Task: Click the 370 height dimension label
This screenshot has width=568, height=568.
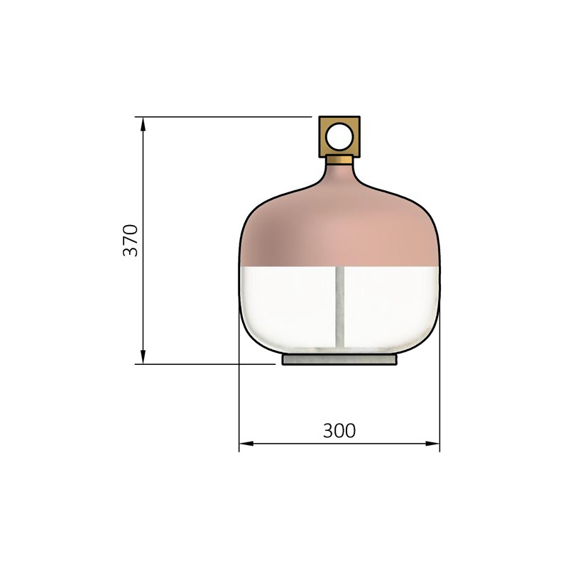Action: click(131, 241)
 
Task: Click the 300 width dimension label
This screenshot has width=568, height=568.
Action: click(339, 431)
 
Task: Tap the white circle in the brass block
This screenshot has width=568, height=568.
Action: click(339, 136)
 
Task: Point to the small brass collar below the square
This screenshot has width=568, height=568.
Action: click(339, 160)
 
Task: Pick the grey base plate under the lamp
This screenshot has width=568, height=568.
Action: click(339, 359)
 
